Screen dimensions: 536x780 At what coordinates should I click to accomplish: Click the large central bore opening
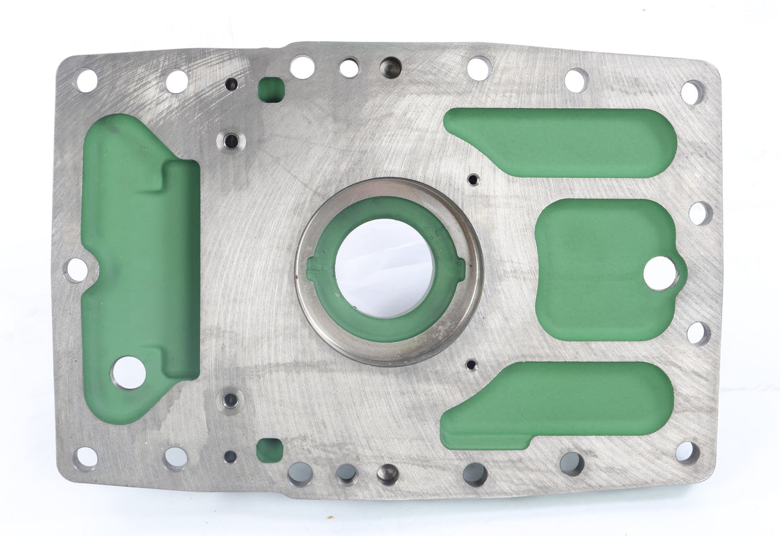384,268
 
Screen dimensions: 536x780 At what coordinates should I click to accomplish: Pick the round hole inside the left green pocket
129,372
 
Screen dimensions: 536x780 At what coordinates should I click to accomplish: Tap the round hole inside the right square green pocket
660,273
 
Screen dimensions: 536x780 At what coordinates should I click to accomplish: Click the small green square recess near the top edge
271,89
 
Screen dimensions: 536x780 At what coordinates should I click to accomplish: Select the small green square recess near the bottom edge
270,450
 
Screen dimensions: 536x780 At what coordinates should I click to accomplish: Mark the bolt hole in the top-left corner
86,80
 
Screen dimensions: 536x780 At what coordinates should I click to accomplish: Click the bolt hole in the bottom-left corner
85,458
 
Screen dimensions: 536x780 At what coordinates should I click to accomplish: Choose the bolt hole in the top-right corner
692,93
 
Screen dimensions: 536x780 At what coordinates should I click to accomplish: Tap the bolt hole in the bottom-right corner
687,452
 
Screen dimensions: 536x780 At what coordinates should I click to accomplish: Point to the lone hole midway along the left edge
76,270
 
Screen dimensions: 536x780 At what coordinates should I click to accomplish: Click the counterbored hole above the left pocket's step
230,140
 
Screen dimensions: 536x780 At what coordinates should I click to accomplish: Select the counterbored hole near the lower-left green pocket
229,400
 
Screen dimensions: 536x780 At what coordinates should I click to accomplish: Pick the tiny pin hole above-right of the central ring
473,179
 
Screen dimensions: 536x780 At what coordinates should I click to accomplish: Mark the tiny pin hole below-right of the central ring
472,365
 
